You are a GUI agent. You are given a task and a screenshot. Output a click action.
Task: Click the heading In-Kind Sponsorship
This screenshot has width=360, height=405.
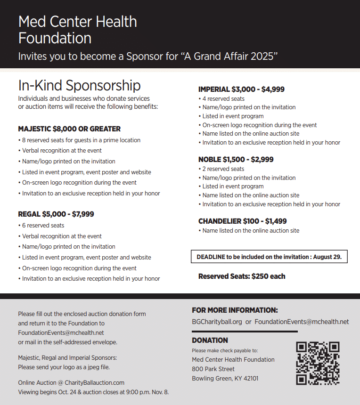[79, 85]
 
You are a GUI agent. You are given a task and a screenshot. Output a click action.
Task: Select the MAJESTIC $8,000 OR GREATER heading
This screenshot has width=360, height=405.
[69, 129]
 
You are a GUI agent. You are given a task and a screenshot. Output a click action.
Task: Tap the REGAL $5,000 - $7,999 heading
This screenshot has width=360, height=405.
[56, 214]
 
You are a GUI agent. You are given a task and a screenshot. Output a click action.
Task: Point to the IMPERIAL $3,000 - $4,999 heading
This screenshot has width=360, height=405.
[241, 89]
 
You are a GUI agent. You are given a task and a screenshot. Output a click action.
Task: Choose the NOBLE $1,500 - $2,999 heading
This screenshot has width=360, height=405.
[236, 159]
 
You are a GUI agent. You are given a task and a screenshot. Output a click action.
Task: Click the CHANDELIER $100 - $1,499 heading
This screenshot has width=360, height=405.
[242, 221]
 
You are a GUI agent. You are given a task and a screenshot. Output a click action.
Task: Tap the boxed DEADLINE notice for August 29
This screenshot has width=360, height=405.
[269, 257]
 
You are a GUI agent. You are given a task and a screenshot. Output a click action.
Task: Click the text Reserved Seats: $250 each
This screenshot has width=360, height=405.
[242, 276]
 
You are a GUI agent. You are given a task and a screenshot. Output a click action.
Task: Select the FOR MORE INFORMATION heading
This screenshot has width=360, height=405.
[235, 310]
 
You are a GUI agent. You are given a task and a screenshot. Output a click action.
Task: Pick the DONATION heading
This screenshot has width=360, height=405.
[210, 340]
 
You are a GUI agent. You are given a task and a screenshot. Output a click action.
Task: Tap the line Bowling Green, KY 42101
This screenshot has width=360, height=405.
[225, 378]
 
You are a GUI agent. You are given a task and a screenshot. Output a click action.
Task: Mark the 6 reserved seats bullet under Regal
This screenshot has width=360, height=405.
[43, 226]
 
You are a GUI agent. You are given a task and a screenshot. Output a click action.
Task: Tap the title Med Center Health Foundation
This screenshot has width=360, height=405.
[78, 29]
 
